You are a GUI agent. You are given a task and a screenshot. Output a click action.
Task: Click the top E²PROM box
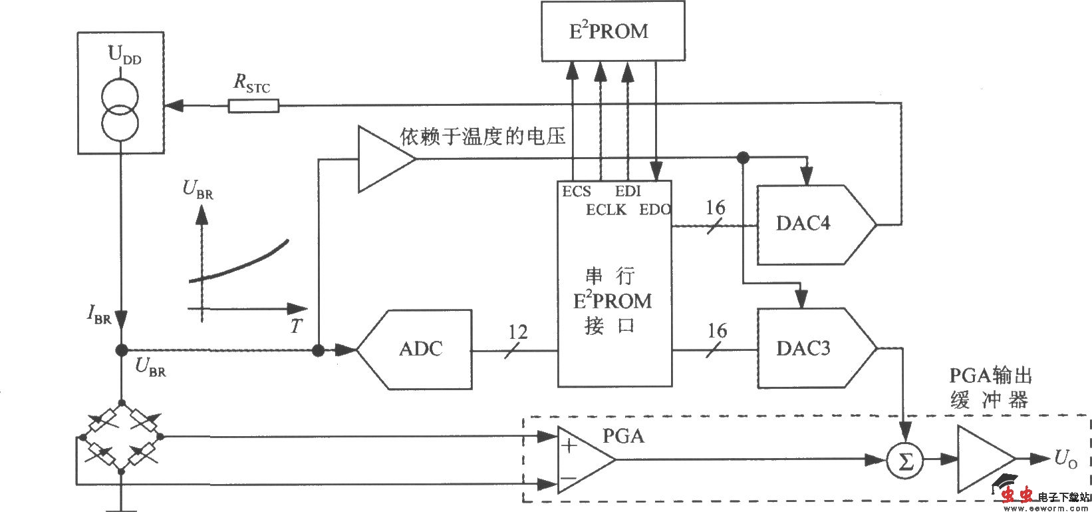tap(612, 31)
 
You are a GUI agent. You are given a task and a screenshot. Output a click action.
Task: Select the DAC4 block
tap(808, 224)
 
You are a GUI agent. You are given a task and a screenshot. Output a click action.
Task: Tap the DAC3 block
tap(808, 348)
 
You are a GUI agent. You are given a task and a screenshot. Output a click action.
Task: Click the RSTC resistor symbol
tap(253, 106)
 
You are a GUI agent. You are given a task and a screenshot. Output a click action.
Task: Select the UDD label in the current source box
tap(124, 56)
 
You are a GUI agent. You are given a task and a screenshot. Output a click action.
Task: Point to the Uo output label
tap(1065, 459)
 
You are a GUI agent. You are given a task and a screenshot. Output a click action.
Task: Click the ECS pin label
tap(576, 192)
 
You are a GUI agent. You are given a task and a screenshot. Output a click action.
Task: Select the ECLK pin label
tap(606, 210)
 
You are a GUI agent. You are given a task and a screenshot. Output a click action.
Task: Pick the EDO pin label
tap(654, 210)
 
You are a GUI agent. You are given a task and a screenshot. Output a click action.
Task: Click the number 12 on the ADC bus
tap(517, 331)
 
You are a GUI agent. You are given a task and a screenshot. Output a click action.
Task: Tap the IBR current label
tap(98, 316)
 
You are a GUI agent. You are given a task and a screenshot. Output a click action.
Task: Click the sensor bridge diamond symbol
tap(121, 437)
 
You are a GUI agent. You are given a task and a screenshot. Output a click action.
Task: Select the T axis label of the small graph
tap(296, 326)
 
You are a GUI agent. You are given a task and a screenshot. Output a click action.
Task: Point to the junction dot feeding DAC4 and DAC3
tap(743, 158)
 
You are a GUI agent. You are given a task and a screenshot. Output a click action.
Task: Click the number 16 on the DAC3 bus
tap(717, 330)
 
